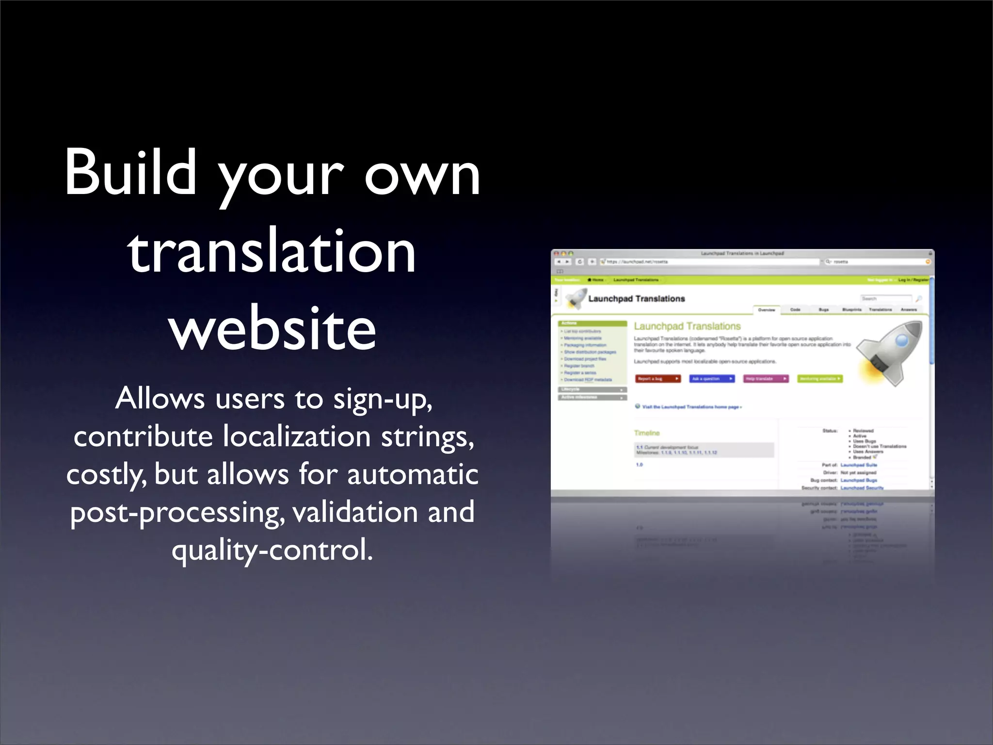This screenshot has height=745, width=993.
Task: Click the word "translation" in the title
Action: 272,251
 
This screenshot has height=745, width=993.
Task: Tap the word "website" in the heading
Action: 272,329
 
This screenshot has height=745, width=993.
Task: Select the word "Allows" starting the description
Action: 160,399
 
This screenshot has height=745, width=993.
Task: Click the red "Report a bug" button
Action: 657,379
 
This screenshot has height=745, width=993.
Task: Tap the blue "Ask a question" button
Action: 712,379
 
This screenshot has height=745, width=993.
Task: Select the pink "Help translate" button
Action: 766,379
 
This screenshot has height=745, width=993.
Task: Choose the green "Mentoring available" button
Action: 820,379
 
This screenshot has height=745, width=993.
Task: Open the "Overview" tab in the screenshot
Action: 767,309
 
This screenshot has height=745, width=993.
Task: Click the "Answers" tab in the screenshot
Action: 909,309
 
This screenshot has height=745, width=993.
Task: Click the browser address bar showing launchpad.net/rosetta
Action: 708,262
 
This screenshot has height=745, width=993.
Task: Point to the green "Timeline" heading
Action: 647,433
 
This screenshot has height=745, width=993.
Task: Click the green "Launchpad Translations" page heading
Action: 687,326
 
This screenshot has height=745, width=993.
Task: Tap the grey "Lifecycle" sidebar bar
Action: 593,389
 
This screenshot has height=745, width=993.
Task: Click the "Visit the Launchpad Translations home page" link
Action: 691,407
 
